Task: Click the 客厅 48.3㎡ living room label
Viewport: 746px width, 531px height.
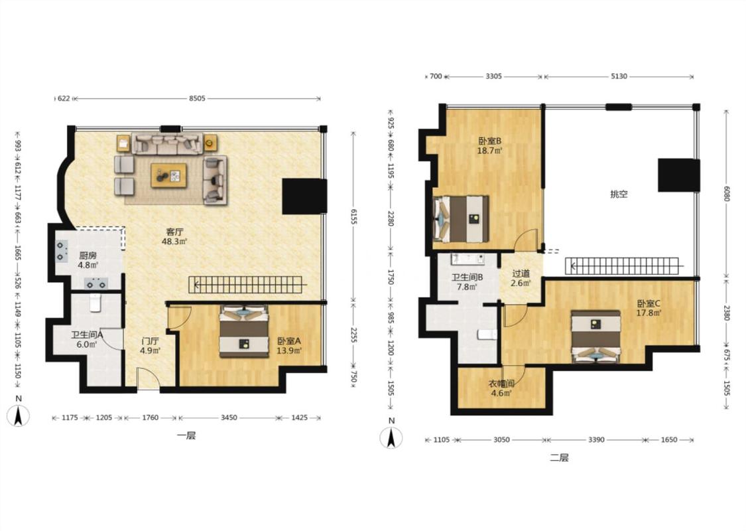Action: coord(174,237)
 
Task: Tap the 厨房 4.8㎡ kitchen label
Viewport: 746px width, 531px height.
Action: coord(88,260)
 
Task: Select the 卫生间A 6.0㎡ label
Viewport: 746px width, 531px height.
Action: coord(88,340)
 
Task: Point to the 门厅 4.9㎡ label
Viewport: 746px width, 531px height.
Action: coord(150,346)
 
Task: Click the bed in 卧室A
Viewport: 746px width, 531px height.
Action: coord(243,332)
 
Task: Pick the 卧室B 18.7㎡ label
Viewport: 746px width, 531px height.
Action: coord(489,146)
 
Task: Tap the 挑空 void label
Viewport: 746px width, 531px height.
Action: coord(619,194)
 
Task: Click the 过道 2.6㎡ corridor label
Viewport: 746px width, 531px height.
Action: coord(521,278)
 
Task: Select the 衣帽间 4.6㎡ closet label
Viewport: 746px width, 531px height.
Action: coord(501,388)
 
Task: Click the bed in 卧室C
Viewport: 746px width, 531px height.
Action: coord(595,337)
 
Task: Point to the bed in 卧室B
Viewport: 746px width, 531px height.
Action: coord(461,219)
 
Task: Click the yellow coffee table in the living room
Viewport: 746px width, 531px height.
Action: coord(169,175)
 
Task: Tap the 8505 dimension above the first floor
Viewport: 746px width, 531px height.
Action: coord(197,99)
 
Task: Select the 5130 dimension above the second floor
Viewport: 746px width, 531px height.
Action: coord(619,76)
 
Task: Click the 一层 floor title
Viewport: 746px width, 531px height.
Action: coord(186,435)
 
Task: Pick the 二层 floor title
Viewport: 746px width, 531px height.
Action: coord(559,458)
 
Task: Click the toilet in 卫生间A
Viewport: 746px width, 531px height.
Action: coord(95,303)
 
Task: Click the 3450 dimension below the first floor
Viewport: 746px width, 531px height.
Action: coord(228,417)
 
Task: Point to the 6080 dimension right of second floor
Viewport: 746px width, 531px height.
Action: coord(725,193)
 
